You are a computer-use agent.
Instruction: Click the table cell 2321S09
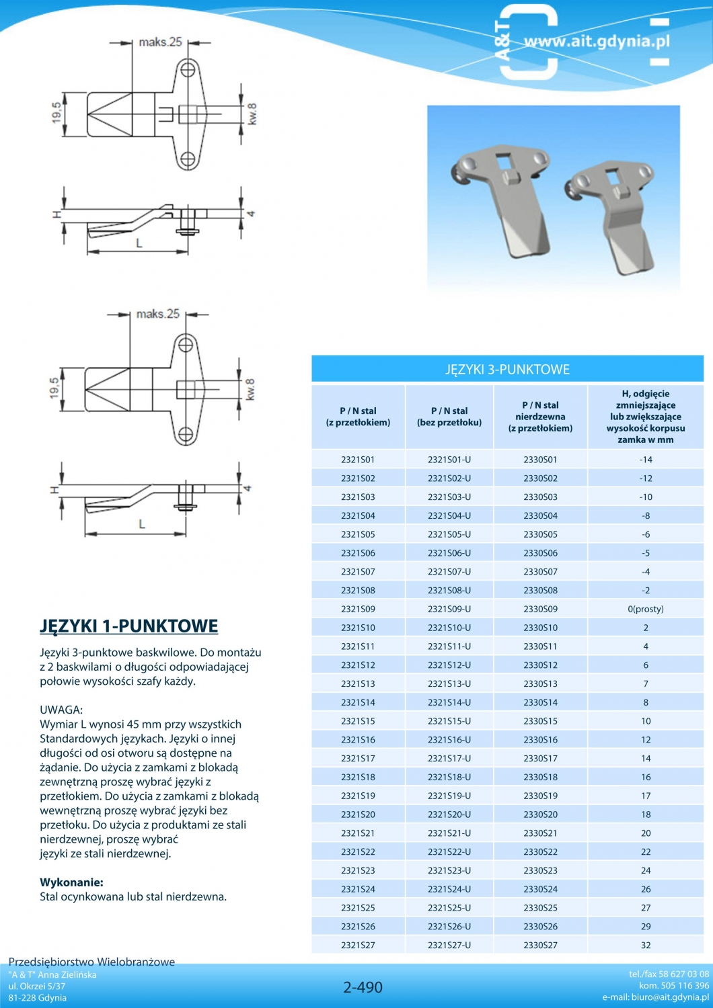point(358,609)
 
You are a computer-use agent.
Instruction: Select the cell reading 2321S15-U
point(449,721)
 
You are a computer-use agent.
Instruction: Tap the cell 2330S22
point(540,851)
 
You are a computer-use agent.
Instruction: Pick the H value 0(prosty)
point(645,609)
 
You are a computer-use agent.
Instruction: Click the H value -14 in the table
point(646,460)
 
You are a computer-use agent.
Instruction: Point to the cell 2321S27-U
point(449,945)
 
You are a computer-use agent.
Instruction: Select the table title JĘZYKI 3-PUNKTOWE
point(507,370)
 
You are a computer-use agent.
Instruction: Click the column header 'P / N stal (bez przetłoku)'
point(449,417)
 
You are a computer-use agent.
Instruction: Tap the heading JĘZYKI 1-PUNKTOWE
point(129,626)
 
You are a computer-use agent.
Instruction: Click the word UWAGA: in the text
point(61,710)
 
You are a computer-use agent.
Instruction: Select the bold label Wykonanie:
point(71,882)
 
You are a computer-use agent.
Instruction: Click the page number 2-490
point(363,987)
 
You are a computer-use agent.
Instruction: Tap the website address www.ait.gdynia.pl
point(597,42)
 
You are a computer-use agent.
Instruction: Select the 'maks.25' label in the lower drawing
point(158,314)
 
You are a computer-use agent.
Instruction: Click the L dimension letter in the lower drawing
point(142,524)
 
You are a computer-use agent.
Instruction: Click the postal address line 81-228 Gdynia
point(38,997)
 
